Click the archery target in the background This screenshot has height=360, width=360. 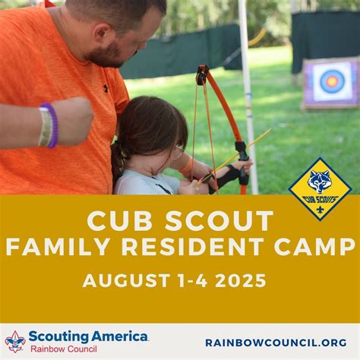click(332, 81)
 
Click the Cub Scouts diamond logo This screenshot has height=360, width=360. click(320, 188)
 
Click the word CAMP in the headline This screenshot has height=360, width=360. click(320, 248)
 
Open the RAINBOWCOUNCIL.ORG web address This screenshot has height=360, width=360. click(276, 343)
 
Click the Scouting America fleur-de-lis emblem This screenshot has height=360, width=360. click(15, 341)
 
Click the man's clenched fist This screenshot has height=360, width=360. click(72, 120)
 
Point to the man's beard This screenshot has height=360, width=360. click(114, 53)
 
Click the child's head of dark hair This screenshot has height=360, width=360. click(148, 125)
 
